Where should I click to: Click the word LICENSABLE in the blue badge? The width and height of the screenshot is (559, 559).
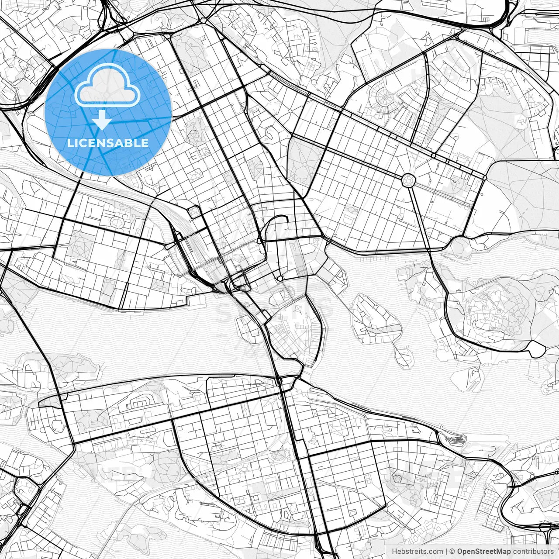pos(107,143)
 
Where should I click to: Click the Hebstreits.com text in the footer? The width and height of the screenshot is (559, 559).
pos(418,552)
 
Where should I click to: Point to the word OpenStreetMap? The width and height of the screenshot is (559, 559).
pos(484,552)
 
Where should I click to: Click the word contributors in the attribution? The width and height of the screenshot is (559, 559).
pos(533,552)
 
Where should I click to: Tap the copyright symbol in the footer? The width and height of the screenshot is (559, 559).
pos(453,552)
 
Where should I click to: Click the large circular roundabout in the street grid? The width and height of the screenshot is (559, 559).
pos(408,179)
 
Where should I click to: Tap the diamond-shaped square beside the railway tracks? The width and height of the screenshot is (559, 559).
pos(193,213)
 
